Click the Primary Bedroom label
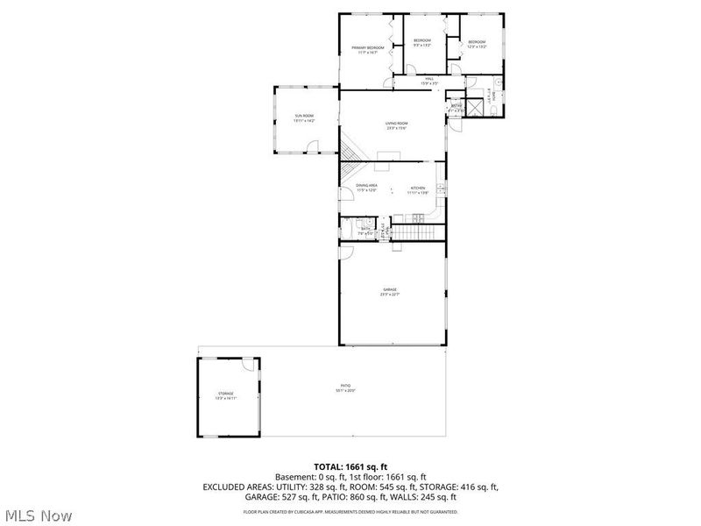point(369,49)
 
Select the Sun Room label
point(304,118)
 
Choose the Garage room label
point(389,291)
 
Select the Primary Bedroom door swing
point(387,83)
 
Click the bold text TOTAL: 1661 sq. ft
point(350,466)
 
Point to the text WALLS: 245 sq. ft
point(424,497)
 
